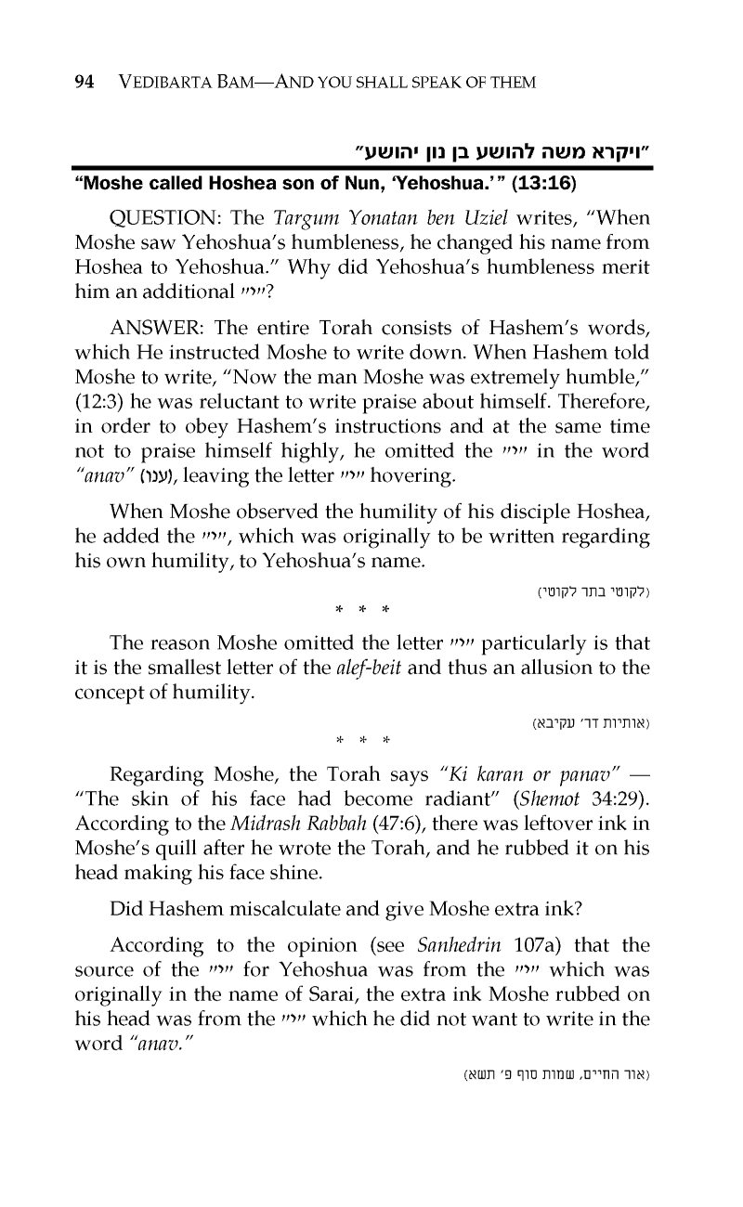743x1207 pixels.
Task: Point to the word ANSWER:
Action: point(157,329)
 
